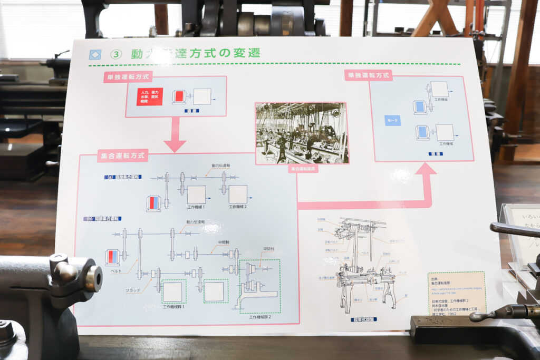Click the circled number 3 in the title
click(x=115, y=54)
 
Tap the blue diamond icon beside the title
click(x=95, y=54)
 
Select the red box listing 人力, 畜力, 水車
click(x=150, y=96)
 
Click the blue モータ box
click(x=392, y=120)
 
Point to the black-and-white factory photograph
click(x=302, y=133)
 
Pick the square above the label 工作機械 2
click(x=238, y=194)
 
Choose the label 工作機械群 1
click(x=174, y=306)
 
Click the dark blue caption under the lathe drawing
click(x=363, y=319)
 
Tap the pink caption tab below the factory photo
click(x=303, y=169)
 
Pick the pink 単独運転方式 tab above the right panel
click(x=369, y=75)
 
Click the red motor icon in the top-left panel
click(x=179, y=96)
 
